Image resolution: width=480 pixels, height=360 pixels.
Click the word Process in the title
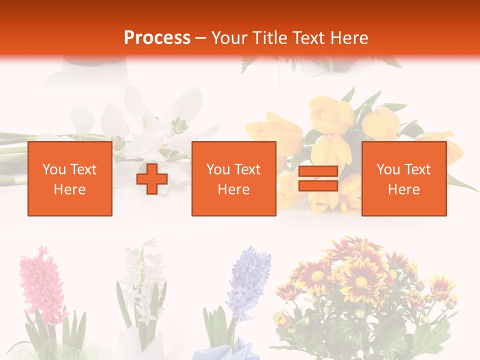(x=157, y=37)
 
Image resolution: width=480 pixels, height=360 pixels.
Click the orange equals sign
(x=318, y=179)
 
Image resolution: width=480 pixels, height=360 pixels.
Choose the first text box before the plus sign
(x=70, y=179)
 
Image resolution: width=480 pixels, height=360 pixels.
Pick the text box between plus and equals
(x=233, y=179)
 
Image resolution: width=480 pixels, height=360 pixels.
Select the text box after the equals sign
(x=403, y=179)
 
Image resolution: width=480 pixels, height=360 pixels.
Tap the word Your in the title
(x=229, y=37)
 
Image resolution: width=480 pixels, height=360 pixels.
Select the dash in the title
(x=200, y=38)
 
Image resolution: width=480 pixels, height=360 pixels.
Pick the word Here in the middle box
(x=233, y=189)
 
